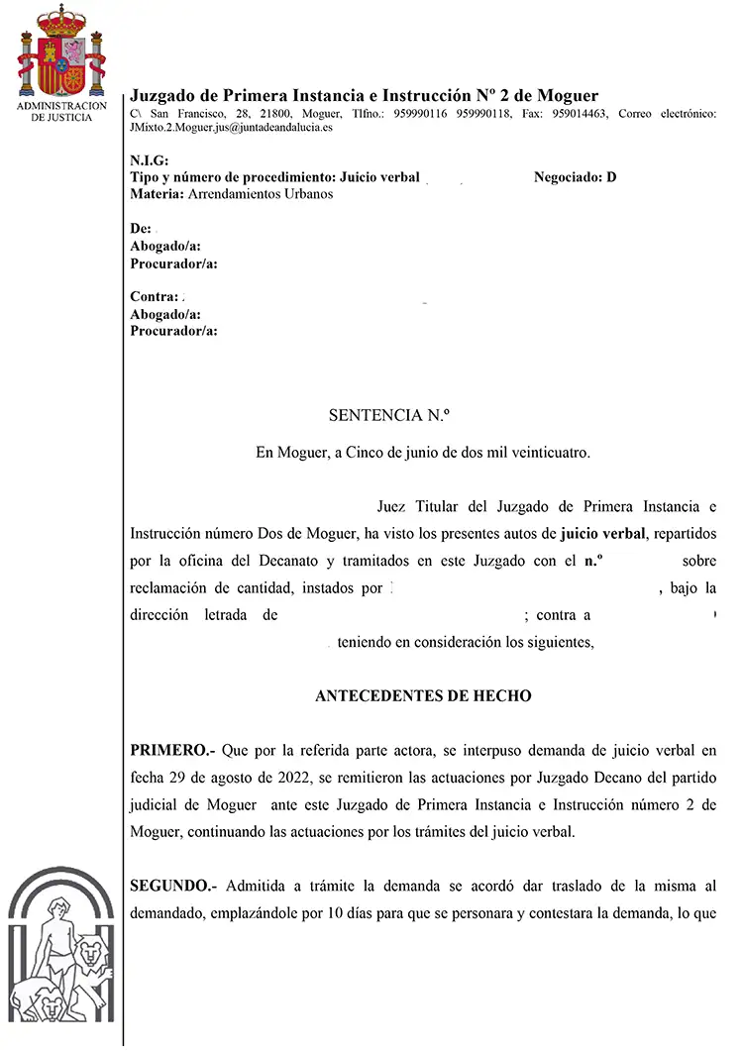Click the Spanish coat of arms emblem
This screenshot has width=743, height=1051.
pos(61,54)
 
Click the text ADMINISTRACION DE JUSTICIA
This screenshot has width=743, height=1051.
pos(61,111)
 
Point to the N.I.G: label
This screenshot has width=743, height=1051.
pos(150,161)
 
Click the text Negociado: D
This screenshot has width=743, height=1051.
pos(575,177)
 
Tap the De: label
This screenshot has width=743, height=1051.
pos(141,229)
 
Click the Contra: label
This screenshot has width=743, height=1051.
pos(155,296)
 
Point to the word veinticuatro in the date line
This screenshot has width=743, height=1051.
pos(548,453)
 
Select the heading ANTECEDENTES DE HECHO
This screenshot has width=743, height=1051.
pos(423,696)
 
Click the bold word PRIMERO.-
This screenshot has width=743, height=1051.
pos(173,750)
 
